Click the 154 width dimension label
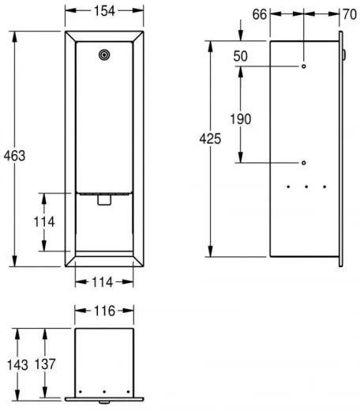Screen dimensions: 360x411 coord(104,11)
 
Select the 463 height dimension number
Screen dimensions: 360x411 coord(14,156)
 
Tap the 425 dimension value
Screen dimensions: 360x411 coord(210,139)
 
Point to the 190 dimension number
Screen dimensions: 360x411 coord(241,119)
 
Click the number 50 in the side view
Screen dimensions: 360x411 coord(240,56)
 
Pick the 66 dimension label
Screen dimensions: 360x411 coord(260,14)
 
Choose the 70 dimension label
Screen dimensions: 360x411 coord(350,14)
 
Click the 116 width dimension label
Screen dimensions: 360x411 coord(104,311)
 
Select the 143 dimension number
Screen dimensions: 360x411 coord(17,365)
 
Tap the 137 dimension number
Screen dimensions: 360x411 coord(45,364)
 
